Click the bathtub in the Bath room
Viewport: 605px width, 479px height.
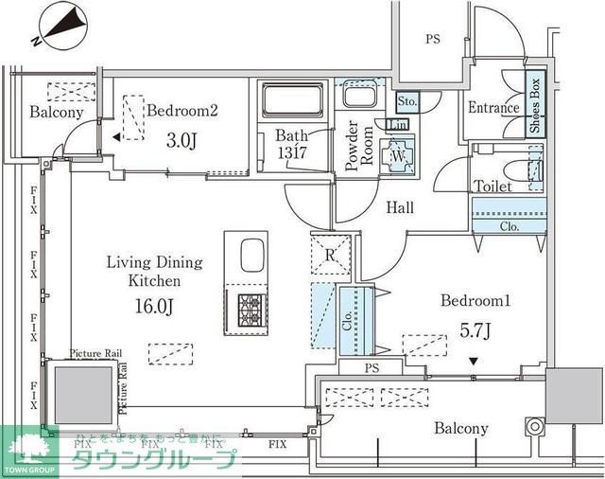point(292,100)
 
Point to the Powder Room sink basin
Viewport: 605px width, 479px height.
point(360,98)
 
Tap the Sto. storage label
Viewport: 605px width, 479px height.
point(406,100)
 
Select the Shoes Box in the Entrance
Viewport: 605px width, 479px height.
point(535,105)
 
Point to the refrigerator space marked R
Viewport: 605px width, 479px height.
point(331,255)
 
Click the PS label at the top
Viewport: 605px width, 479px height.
point(433,41)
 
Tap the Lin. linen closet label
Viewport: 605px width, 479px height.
point(398,124)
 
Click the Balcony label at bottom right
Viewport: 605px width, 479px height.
point(461,429)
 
